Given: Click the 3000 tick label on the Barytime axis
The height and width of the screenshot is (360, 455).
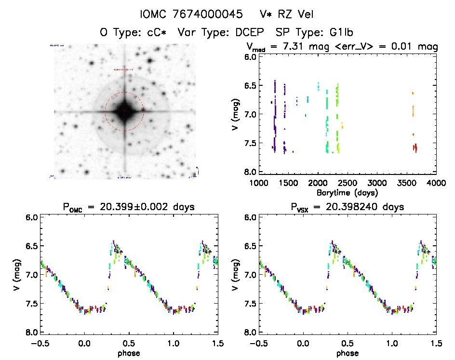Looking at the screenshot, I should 377,183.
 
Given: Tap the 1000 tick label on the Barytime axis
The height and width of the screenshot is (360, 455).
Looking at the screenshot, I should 259,183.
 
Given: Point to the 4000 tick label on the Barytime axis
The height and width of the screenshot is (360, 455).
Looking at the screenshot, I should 436,183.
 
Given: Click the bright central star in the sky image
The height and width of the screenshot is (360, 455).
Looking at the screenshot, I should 124,111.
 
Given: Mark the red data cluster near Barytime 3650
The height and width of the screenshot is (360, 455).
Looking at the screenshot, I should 415,147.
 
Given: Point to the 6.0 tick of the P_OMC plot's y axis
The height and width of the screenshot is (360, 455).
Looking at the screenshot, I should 30,217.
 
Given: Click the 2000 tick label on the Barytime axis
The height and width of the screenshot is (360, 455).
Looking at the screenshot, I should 318,183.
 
